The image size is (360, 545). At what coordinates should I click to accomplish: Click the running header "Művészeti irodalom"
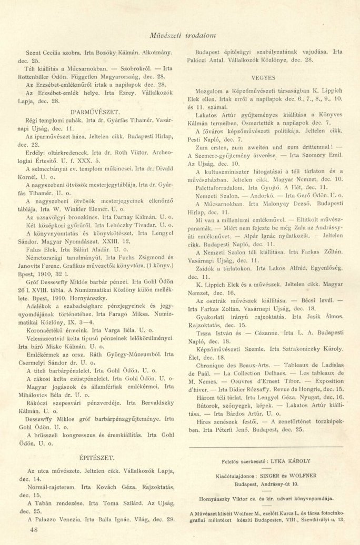tap(180, 35)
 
